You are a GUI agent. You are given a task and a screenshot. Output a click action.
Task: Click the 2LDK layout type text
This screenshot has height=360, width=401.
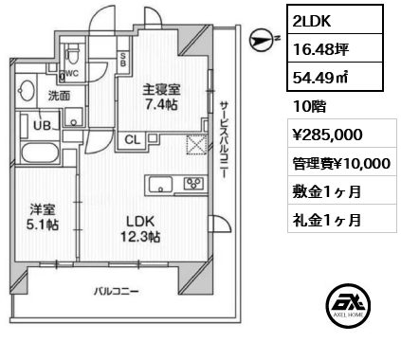pos(312,21)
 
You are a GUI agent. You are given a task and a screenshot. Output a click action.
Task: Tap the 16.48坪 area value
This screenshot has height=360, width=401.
pos(320,49)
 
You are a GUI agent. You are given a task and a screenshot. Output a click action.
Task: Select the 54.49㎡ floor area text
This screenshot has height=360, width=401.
pos(320,78)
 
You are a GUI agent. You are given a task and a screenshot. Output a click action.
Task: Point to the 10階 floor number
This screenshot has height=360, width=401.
pos(309,107)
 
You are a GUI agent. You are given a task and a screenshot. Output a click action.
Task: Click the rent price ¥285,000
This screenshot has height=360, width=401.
pos(327,135)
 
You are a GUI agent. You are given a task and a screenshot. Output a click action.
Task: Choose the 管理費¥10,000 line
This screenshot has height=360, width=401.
pos(341,164)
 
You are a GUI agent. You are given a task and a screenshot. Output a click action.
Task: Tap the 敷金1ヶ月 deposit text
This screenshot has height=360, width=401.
pos(327,191)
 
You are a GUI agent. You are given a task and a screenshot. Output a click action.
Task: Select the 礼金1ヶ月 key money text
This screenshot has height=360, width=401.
pos(327,220)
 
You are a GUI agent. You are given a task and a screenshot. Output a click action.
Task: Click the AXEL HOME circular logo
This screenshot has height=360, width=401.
pos(348,305)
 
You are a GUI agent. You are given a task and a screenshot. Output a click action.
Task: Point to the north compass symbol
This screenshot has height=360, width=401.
pos(261,41)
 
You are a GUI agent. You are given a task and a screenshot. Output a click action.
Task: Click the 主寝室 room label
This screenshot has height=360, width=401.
pos(161,89)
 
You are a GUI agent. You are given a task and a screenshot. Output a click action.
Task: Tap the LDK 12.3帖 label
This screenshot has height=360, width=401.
pos(140,228)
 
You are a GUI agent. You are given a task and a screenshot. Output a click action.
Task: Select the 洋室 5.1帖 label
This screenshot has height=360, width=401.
pos(43,217)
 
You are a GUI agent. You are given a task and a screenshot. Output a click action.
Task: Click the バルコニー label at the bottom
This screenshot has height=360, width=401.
pos(116,291)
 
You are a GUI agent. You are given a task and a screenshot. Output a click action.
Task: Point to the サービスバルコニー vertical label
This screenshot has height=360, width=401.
pos(224,139)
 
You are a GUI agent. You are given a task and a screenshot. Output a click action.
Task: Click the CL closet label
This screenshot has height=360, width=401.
pos(133,139)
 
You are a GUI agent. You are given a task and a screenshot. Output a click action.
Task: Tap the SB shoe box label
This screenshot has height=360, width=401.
pos(123,60)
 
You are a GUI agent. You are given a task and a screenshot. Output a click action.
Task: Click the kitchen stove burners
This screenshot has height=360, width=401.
pos(194,183)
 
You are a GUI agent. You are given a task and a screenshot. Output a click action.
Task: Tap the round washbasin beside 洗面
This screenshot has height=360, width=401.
pos(27,91)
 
